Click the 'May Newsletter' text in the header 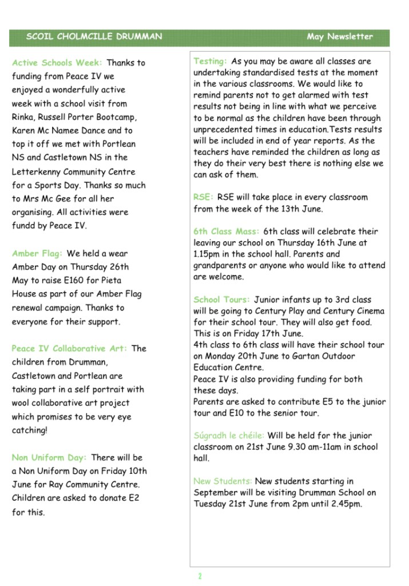point(339,37)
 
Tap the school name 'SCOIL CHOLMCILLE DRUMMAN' point(94,37)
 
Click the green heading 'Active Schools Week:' point(57,63)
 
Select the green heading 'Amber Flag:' point(38,253)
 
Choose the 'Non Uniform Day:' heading point(49,458)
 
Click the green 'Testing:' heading point(210,61)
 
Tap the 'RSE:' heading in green point(203,198)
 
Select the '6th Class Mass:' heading point(226,231)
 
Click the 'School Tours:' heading point(221,300)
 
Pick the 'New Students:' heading point(223,482)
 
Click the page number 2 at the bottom point(200,576)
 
